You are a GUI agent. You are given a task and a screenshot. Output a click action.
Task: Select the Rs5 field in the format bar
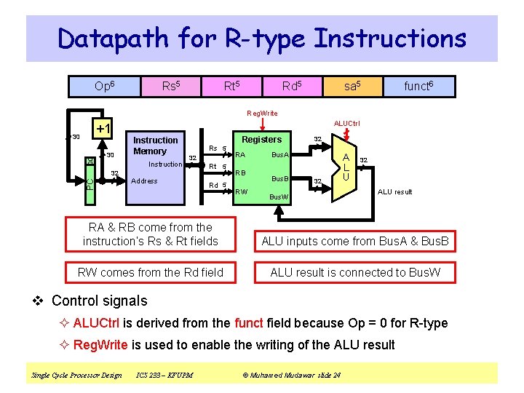pos(172,86)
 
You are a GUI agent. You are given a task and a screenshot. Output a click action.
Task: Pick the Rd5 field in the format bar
pos(293,86)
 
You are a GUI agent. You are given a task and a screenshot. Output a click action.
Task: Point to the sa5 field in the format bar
pos(352,86)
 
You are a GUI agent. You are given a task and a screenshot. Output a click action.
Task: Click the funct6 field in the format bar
pos(418,86)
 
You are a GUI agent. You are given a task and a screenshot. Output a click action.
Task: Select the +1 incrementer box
pos(103,129)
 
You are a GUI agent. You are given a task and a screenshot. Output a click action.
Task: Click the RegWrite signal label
pos(261,113)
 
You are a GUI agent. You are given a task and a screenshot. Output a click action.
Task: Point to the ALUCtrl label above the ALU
pos(346,124)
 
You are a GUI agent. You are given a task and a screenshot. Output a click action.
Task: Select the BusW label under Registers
pos(279,196)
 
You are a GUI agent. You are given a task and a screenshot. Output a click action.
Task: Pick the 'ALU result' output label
pos(394,192)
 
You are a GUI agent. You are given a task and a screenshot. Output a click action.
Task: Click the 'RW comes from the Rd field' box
pos(151,273)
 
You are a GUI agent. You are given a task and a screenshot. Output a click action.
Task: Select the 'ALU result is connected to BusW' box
pos(355,273)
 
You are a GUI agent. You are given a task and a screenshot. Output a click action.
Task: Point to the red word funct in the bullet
pos(248,323)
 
